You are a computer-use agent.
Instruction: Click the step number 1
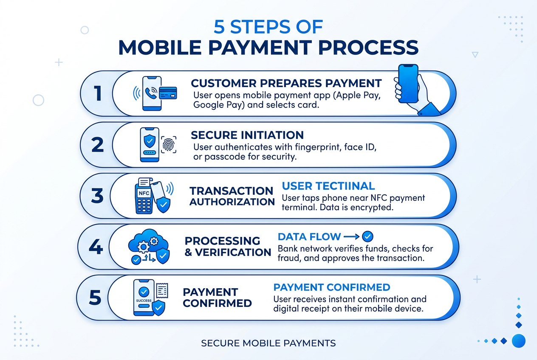pos(98,93)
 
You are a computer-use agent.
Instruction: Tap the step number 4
pos(96,247)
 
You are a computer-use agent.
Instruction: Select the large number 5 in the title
pos(219,27)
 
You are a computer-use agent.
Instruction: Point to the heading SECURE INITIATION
pos(247,135)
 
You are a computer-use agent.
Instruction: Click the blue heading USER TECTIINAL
pos(328,186)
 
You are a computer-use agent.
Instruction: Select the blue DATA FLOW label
pos(309,236)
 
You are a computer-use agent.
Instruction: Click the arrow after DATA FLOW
pos(351,236)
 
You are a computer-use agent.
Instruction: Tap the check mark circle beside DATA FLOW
pos(367,236)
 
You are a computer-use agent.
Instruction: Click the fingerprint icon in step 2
pos(169,145)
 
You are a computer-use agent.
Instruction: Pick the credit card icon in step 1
pos(168,93)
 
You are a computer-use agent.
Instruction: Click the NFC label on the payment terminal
pos(144,193)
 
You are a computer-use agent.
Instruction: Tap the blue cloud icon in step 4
pos(149,242)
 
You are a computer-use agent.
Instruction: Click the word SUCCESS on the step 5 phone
pos(144,301)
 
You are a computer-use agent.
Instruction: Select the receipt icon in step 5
pos(162,290)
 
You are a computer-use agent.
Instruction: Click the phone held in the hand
pos(408,84)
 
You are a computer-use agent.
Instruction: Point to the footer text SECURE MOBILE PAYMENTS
pos(268,343)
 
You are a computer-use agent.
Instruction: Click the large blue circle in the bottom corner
pos(519,341)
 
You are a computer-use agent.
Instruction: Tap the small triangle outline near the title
pos(475,55)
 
